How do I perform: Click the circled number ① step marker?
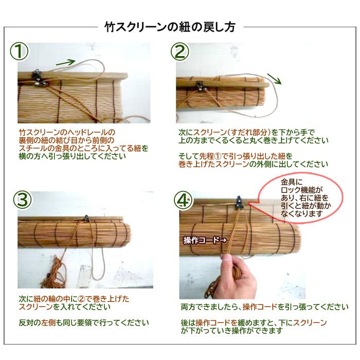point(19,51)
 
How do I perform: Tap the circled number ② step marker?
point(180,51)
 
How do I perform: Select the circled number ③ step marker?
point(22,200)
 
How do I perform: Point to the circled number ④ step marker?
point(183,200)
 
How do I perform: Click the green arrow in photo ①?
point(66,62)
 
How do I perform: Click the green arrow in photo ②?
point(274,79)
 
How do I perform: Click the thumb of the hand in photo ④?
point(227,259)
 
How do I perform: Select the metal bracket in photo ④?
point(239,203)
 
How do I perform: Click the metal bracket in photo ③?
point(86,218)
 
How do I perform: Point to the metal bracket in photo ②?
point(200,86)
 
